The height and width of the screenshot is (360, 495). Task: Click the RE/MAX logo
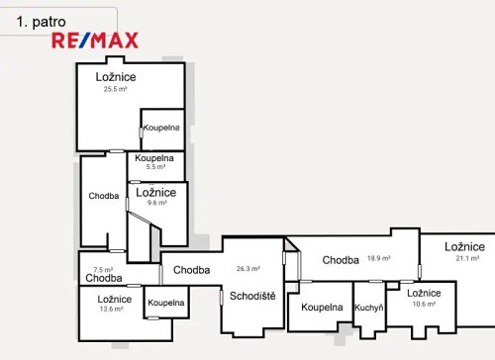(95, 41)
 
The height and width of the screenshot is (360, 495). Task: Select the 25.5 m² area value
(116, 89)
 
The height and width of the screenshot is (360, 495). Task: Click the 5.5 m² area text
(154, 167)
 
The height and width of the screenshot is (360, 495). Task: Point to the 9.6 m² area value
(156, 202)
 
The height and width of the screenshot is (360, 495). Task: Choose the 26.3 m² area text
(247, 268)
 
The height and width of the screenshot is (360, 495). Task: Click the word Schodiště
(252, 295)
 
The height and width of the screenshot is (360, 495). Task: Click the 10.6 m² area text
(424, 304)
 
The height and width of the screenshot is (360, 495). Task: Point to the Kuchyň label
(369, 308)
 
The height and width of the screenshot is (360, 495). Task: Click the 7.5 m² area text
(103, 269)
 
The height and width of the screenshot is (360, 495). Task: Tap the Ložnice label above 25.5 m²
(116, 77)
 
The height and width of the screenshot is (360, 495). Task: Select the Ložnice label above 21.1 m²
(464, 247)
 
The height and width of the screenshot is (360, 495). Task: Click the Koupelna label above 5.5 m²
(154, 158)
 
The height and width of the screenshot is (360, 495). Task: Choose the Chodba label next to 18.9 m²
(341, 260)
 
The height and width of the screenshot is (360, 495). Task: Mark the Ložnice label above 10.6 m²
(424, 293)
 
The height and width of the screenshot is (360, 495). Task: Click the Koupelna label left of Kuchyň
(322, 308)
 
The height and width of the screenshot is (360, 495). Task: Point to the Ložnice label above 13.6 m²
(115, 299)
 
